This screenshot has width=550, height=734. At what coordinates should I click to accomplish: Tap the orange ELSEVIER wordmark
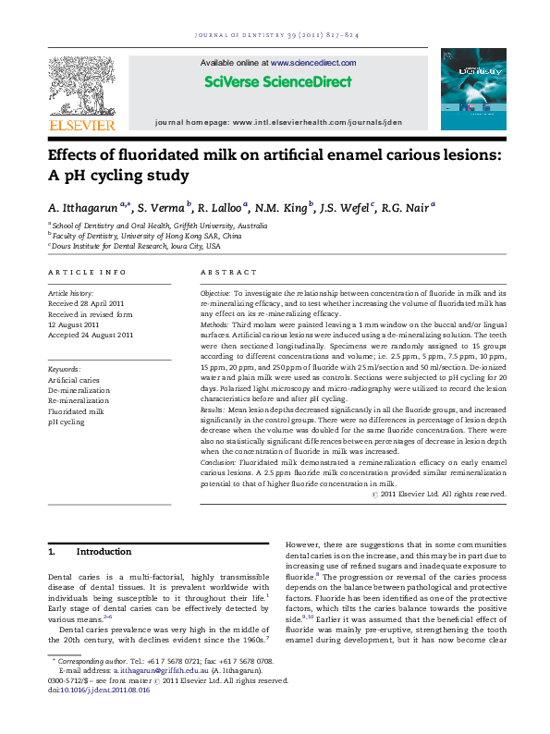click(82, 125)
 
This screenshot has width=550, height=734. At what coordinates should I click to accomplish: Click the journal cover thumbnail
click(473, 89)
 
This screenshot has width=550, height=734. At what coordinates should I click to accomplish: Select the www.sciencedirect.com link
click(313, 63)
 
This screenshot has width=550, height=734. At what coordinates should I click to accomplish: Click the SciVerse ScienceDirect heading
click(277, 81)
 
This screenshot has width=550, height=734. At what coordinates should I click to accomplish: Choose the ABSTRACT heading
click(228, 273)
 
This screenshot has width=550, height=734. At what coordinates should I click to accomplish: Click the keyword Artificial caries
click(74, 380)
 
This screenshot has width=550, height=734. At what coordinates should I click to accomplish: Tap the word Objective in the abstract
click(217, 293)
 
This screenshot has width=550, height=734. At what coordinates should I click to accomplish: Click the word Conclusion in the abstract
click(220, 460)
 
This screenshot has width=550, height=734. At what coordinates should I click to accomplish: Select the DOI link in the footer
click(104, 716)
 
